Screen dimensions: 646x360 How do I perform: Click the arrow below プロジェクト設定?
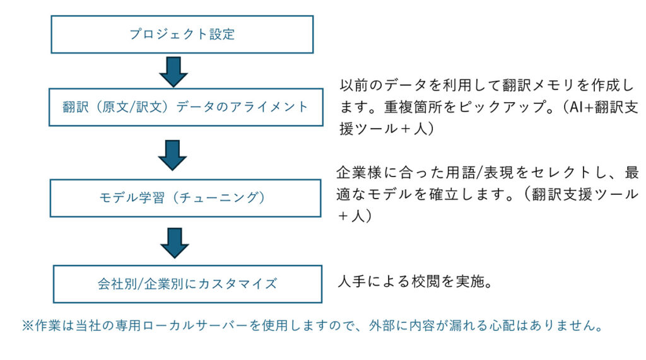point(173,72)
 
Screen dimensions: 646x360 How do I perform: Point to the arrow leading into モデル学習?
point(173,155)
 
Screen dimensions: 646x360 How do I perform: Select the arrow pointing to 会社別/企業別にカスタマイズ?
point(175,243)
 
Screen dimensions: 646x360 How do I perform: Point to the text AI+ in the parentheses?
point(581,107)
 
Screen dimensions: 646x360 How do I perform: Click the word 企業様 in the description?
point(359,173)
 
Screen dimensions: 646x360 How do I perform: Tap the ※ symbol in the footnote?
point(28,326)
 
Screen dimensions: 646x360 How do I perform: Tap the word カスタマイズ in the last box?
point(238,284)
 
